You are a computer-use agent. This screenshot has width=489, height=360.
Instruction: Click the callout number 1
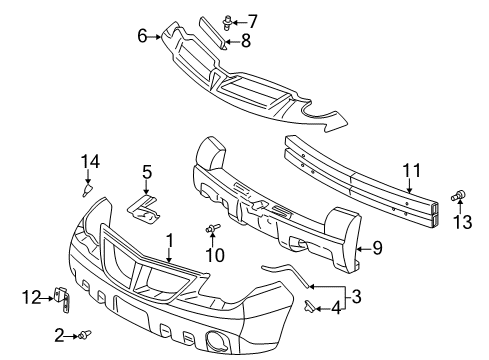pos(170,240)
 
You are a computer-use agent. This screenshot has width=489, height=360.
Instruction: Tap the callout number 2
pos(60,334)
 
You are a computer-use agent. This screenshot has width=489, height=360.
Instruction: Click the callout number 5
pos(147,172)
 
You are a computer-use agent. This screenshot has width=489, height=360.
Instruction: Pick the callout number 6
pos(143,36)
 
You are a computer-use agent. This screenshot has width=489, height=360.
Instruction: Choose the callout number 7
pos(252,19)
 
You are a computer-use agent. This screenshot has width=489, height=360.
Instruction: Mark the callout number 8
pos(246,42)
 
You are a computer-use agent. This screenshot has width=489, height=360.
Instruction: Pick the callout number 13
pos(462,219)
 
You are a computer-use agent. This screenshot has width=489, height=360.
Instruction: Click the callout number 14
pos(90,162)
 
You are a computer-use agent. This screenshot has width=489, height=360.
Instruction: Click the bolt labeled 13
pos(462,195)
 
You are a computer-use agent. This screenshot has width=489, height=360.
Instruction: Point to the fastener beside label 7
pos(231,20)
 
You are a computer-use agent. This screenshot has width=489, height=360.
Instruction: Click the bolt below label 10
pos(213,230)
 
